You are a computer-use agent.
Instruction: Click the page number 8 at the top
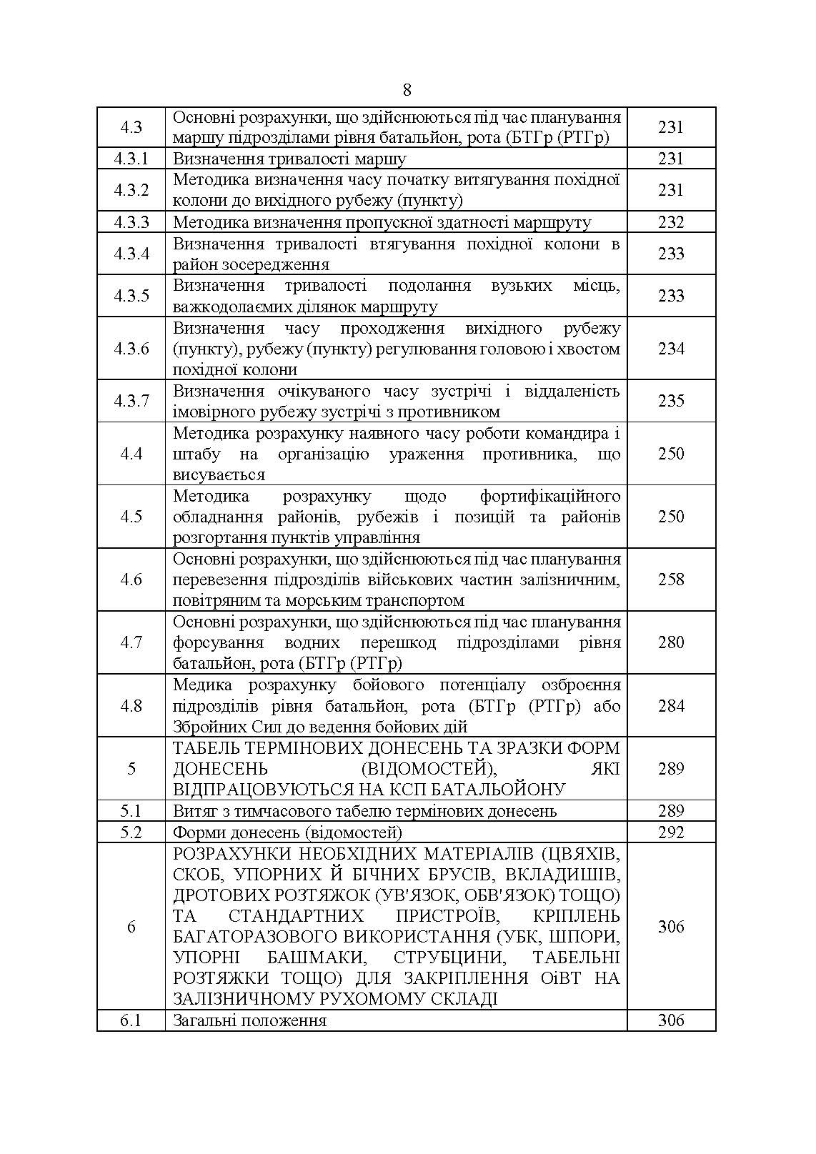(407, 90)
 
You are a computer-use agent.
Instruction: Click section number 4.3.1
(131, 158)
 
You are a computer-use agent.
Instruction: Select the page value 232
(671, 222)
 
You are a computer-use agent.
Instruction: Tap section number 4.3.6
(131, 348)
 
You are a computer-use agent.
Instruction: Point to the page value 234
(671, 348)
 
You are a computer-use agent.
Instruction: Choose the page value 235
(671, 400)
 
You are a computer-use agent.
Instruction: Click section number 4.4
(131, 453)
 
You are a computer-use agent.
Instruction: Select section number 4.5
(131, 516)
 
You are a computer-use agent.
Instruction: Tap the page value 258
(671, 579)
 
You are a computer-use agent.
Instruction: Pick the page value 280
(671, 642)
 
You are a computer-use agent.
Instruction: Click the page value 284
(671, 705)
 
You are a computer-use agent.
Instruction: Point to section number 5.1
(131, 810)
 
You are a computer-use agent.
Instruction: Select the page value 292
(671, 832)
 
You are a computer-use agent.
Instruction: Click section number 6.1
(131, 1020)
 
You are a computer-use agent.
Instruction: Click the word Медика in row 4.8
(202, 685)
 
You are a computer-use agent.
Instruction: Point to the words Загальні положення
(249, 1020)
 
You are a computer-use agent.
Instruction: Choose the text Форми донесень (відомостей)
(287, 832)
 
